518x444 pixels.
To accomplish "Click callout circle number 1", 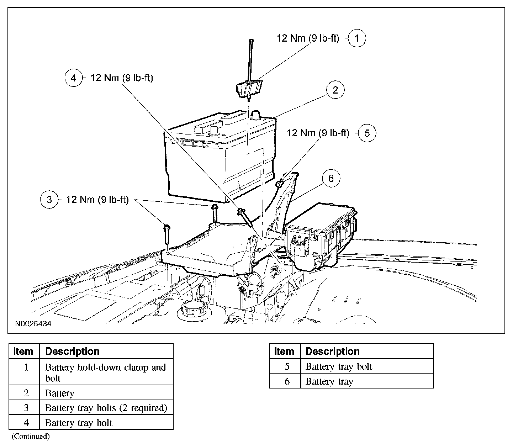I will click(357, 38).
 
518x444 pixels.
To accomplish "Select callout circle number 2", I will click(335, 90).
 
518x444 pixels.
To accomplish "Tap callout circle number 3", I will click(49, 200).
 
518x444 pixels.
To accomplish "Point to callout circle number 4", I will click(74, 78).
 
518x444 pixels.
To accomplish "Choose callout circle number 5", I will click(367, 133).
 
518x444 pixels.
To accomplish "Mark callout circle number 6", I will click(331, 178).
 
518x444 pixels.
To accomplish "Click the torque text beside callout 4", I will click(122, 78).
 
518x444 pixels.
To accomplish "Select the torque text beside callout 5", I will click(318, 133).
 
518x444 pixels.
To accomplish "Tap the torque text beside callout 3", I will click(97, 200).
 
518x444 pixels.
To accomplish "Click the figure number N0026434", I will click(33, 324).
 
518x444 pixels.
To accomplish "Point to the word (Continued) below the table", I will click(31, 436).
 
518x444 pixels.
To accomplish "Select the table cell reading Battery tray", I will click(329, 382).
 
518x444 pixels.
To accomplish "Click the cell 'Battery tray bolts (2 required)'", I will click(106, 408).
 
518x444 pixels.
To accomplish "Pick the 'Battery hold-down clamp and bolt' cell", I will click(106, 372).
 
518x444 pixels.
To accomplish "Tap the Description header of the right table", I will click(333, 351).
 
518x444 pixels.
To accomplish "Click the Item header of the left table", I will click(23, 351).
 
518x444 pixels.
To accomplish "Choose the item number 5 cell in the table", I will click(287, 366).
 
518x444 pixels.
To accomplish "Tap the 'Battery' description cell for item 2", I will click(60, 393).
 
